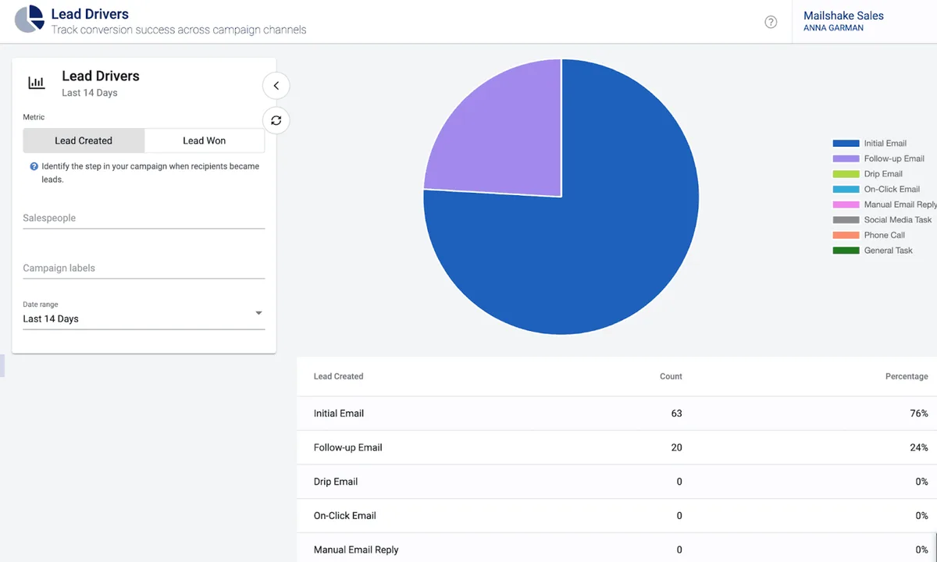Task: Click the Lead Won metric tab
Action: click(204, 140)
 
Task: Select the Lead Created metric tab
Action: click(84, 140)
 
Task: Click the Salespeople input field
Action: click(144, 218)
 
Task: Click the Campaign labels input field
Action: click(144, 268)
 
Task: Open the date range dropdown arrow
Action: click(258, 314)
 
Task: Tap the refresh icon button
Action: click(276, 120)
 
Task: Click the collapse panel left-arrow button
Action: click(276, 85)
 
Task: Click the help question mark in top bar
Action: click(771, 22)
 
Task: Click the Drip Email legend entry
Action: click(882, 174)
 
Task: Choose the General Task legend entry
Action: click(888, 251)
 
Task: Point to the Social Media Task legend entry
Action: click(897, 220)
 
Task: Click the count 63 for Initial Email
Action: click(676, 413)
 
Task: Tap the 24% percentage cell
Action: click(918, 447)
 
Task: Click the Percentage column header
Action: click(906, 376)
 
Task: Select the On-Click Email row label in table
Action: click(344, 515)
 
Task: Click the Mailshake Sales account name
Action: click(843, 16)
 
